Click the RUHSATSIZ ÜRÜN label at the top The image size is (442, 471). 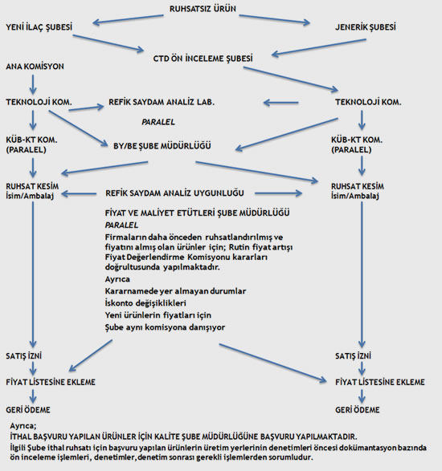[203, 9]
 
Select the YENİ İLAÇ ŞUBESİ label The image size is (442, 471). [39, 27]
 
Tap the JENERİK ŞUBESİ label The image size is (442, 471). [366, 27]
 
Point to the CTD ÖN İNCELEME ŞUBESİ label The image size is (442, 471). [203, 59]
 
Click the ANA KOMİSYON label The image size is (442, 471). [35, 67]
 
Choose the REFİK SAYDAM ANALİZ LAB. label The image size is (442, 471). [162, 102]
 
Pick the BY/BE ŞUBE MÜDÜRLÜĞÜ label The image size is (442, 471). [162, 146]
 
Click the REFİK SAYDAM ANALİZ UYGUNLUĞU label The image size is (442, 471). [174, 193]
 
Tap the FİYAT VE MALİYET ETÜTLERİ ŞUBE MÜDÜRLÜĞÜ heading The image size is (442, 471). [198, 213]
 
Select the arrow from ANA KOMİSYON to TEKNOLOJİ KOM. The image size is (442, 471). [33, 84]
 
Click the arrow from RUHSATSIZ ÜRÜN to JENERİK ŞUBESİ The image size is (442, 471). [274, 19]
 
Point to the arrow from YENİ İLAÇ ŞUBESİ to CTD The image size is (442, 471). [108, 43]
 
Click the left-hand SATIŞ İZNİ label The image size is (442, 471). [24, 356]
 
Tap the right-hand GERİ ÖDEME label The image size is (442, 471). [358, 410]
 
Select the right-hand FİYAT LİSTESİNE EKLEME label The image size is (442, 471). [380, 382]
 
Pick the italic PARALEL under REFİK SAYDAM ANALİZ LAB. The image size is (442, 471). [158, 122]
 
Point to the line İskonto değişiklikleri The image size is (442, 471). [145, 303]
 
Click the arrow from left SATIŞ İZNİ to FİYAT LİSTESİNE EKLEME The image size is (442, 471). [33, 368]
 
